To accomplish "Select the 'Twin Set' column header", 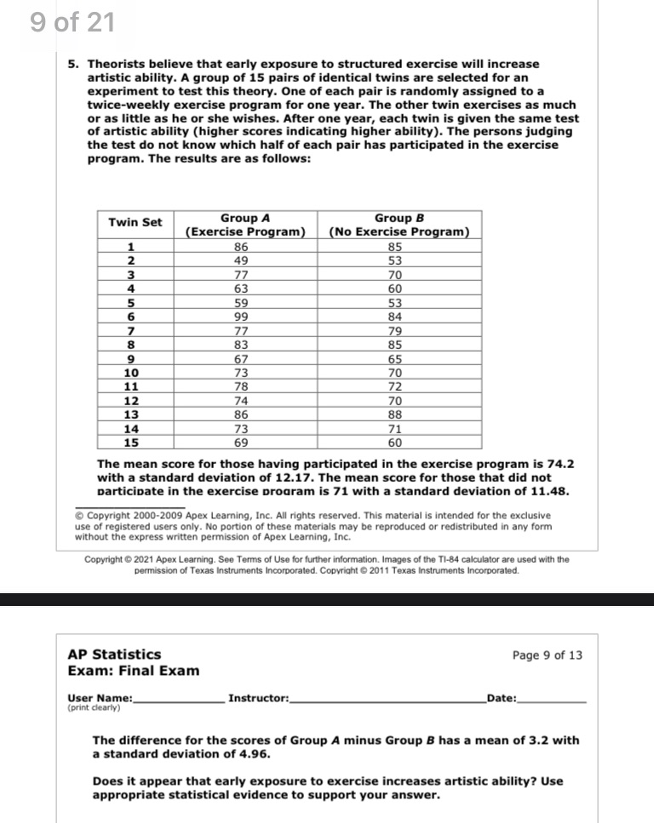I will point(135,222).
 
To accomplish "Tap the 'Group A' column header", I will point(246,225).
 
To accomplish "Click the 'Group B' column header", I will point(399,225).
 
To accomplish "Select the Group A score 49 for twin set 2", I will point(241,260).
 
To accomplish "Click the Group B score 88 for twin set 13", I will point(394,414).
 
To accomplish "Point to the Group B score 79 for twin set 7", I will point(394,331).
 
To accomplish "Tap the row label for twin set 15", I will point(131,443).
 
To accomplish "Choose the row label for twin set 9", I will point(131,359).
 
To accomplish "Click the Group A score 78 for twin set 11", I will point(241,387).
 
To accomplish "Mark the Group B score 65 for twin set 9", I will point(394,359).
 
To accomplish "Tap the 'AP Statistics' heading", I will point(114,654).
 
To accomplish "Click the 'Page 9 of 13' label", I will point(548,655).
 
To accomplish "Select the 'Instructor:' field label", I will point(259,699).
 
